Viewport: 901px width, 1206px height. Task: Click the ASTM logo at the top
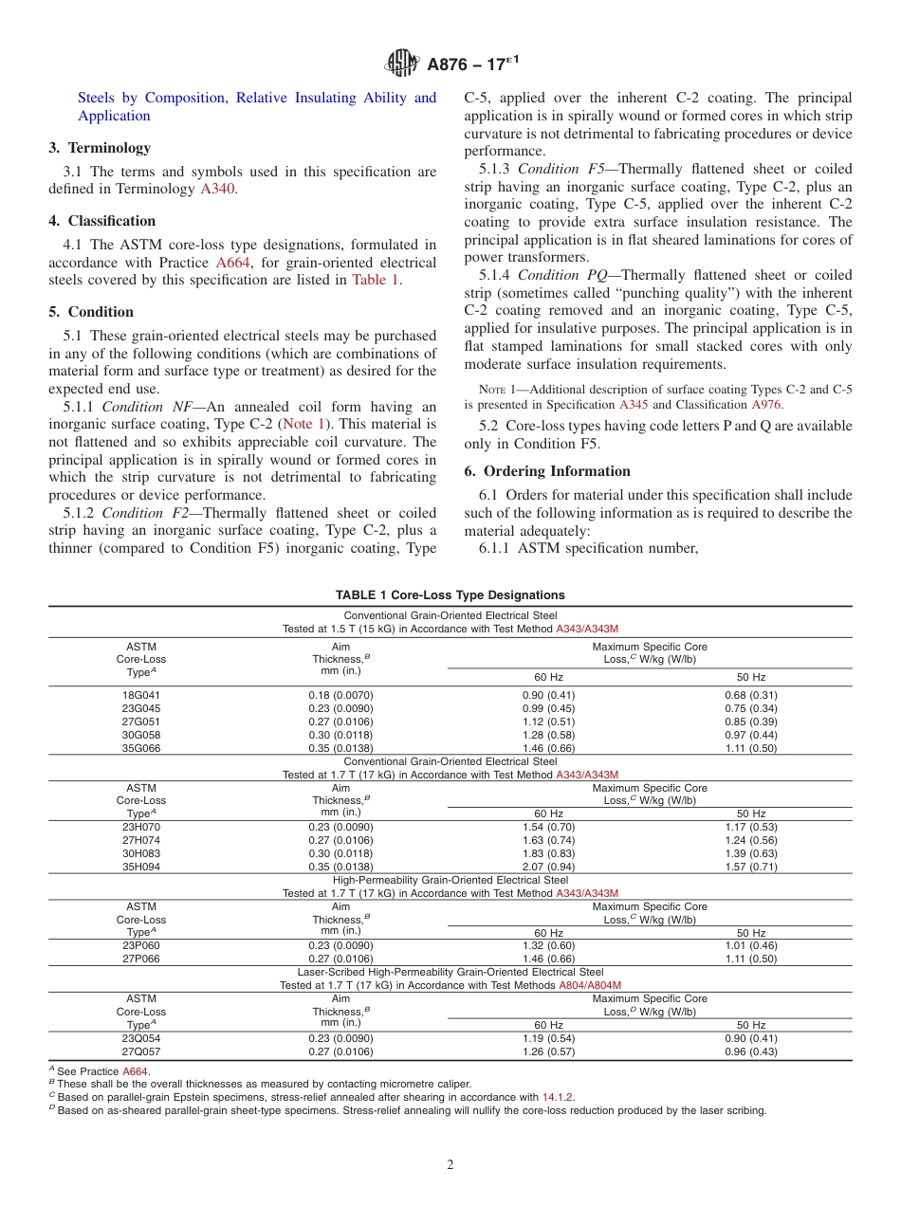pyautogui.click(x=402, y=64)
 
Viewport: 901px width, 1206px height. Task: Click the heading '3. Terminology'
pyautogui.click(x=100, y=148)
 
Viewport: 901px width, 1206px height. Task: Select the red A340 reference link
pyautogui.click(x=215, y=190)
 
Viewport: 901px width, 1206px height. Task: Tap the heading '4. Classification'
pyautogui.click(x=102, y=221)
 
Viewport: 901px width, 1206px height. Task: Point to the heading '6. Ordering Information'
pyautogui.click(x=547, y=471)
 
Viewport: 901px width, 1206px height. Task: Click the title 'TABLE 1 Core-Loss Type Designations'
pyautogui.click(x=450, y=595)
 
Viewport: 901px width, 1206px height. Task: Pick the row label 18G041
pyautogui.click(x=141, y=695)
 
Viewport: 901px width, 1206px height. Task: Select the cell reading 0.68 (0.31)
pyautogui.click(x=751, y=695)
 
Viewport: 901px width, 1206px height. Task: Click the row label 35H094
pyautogui.click(x=141, y=867)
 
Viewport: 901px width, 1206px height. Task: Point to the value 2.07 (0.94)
pyautogui.click(x=548, y=867)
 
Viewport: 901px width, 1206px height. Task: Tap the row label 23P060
pyautogui.click(x=141, y=945)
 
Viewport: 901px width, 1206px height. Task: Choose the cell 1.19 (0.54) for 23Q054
pyautogui.click(x=548, y=1038)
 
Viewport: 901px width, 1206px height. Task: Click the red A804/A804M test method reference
pyautogui.click(x=590, y=985)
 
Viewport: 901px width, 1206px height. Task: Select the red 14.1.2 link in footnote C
pyautogui.click(x=558, y=1097)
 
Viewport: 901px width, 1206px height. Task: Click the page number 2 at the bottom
pyautogui.click(x=450, y=1165)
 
